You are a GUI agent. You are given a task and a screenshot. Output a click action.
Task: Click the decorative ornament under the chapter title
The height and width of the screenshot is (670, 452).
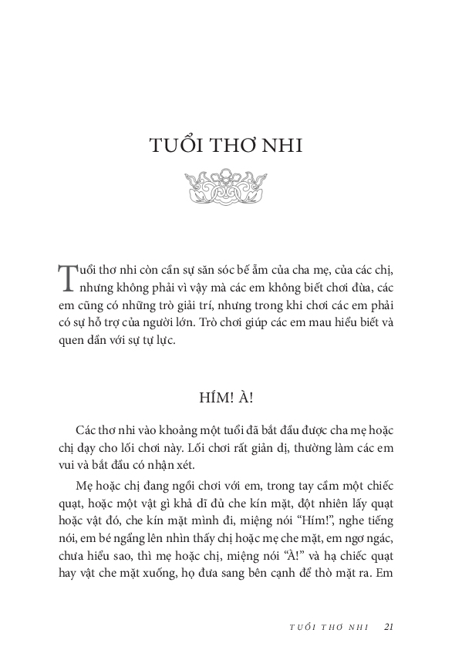click(226, 187)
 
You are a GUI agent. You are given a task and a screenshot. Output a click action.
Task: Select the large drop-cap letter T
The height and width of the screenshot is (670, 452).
click(66, 278)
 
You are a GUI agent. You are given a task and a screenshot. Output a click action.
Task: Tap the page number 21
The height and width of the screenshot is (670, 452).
click(390, 626)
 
